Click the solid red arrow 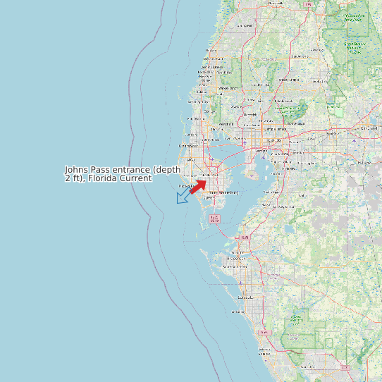tap(197, 186)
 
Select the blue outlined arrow tap(185, 195)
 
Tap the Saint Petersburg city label tap(223, 192)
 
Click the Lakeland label tap(369, 128)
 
